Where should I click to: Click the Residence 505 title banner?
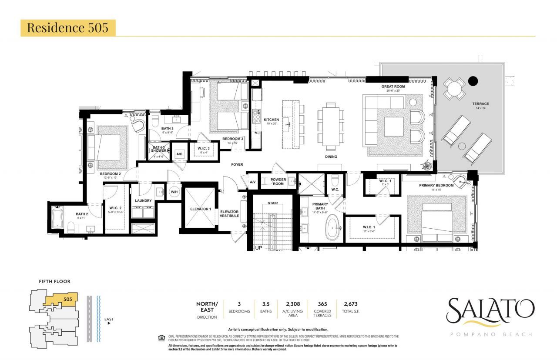(68, 27)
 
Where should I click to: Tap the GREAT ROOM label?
(393, 87)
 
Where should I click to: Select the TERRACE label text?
(480, 103)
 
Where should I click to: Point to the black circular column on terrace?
(473, 81)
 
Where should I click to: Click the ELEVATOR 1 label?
(200, 209)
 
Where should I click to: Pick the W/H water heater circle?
(174, 192)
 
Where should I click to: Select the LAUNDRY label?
(143, 200)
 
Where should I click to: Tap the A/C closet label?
(179, 154)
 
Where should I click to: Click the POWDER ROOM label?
(278, 181)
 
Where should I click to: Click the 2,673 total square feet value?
(350, 304)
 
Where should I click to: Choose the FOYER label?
(237, 164)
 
